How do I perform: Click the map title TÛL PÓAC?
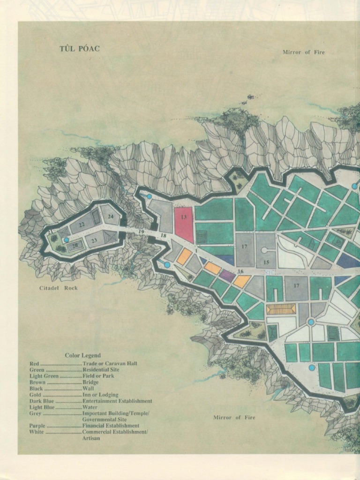[79, 49]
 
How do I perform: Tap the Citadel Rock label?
[58, 288]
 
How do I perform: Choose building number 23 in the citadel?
[94, 240]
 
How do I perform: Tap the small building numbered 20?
[75, 245]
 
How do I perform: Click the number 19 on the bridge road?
[141, 232]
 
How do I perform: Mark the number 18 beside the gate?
[163, 235]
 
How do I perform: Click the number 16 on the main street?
[240, 271]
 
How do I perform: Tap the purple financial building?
[227, 276]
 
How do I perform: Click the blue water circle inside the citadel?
[67, 240]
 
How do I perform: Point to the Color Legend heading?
[82, 355]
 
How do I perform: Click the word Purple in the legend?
[37, 426]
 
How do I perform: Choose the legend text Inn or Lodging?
[100, 395]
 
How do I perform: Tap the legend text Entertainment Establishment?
[117, 401]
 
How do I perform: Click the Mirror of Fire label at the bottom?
[234, 417]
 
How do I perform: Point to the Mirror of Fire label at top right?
[303, 52]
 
